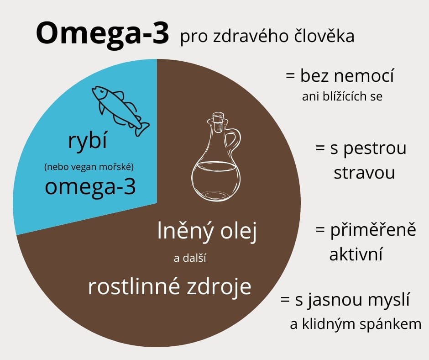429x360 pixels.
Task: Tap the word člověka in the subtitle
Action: tap(324, 36)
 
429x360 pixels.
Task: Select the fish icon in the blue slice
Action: tap(120, 111)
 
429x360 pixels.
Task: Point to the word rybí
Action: tap(87, 141)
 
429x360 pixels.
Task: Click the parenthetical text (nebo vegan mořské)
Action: tap(89, 167)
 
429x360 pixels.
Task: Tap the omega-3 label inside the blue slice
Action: tap(90, 188)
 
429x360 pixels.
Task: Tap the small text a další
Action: tap(190, 258)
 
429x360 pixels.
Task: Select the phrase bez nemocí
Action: tap(347, 76)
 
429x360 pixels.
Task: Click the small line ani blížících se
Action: tap(342, 96)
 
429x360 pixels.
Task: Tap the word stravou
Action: tap(364, 173)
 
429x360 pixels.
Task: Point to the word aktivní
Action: tap(356, 254)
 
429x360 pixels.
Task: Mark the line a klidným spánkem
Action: tap(356, 324)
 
